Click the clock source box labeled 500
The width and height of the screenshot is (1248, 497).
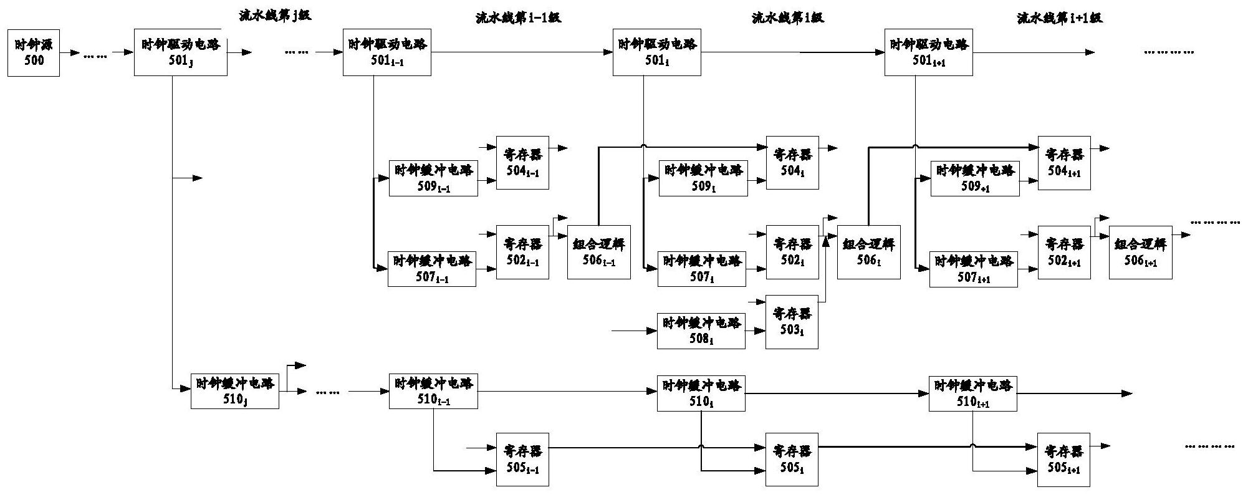pyautogui.click(x=34, y=52)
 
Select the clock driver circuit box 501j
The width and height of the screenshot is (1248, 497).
pyautogui.click(x=180, y=52)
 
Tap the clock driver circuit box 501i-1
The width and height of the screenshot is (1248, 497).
pyautogui.click(x=386, y=52)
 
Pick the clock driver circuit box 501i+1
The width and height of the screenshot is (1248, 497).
pyautogui.click(x=928, y=52)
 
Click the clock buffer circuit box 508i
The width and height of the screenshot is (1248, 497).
pyautogui.click(x=701, y=331)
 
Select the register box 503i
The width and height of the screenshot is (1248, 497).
pyautogui.click(x=791, y=322)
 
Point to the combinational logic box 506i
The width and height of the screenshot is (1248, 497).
pyautogui.click(x=869, y=251)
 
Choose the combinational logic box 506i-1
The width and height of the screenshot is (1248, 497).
pyautogui.click(x=598, y=251)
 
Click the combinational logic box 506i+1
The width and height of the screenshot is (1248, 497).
pyautogui.click(x=1140, y=252)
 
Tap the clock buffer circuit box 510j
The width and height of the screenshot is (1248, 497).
pyautogui.click(x=234, y=391)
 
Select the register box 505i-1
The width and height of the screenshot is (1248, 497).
pyautogui.click(x=522, y=460)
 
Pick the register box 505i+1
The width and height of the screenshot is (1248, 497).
pyautogui.click(x=1063, y=460)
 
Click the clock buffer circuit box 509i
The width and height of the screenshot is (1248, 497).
pyautogui.click(x=703, y=178)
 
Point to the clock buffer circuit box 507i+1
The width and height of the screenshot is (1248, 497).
pyautogui.click(x=973, y=269)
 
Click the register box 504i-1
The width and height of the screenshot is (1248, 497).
pyautogui.click(x=522, y=162)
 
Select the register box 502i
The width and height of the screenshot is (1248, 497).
pyautogui.click(x=792, y=251)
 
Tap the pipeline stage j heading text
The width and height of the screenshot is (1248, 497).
pyautogui.click(x=274, y=16)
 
